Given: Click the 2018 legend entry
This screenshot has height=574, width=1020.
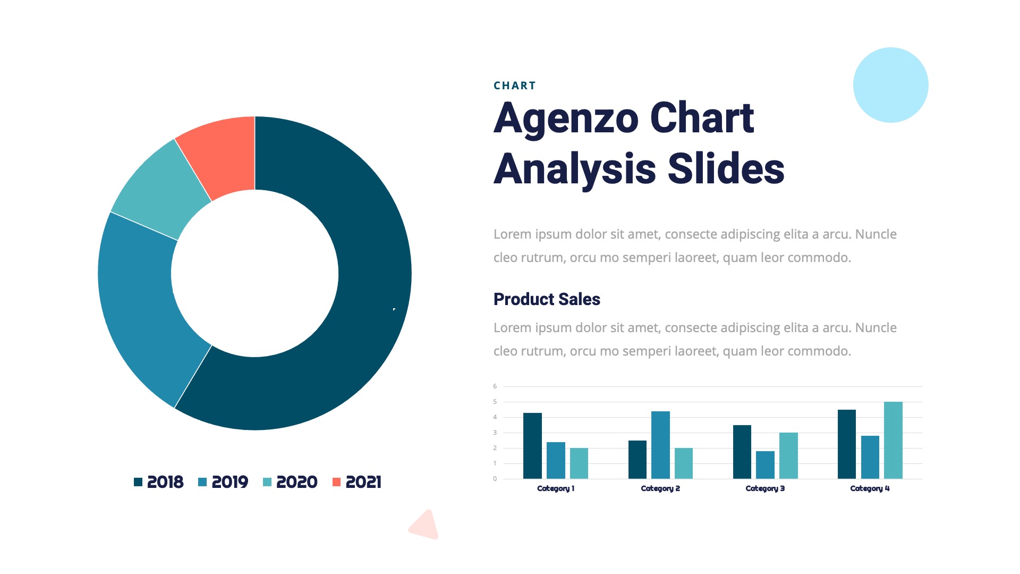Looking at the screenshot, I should tap(159, 482).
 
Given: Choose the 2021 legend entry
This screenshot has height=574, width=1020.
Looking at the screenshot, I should tap(357, 482).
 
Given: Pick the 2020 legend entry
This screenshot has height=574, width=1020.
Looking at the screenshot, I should tap(290, 482).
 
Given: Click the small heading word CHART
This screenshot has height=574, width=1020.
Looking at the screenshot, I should tap(514, 86).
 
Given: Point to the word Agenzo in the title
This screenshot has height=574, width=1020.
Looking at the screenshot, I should tap(566, 119).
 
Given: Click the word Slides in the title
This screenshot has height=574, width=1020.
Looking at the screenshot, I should tap(726, 169).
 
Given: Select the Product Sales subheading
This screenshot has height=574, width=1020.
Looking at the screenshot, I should tap(547, 299).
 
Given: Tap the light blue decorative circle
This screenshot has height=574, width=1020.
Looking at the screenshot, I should tap(890, 85).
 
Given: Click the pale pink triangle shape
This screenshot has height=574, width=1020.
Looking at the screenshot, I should tap(426, 526).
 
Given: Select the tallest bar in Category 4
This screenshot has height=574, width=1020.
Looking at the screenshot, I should tap(893, 440).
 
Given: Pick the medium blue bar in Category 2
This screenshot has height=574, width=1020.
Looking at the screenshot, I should tap(660, 445).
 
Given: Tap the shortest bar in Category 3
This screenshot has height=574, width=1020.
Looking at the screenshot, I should tap(765, 465).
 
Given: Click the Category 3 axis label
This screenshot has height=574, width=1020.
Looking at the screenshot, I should tap(765, 488).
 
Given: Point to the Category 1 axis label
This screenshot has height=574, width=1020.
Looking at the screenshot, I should tap(556, 488).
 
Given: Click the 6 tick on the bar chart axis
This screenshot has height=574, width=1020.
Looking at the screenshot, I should tap(495, 386).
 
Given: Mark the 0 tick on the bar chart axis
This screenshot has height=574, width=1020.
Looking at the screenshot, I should tap(495, 479).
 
